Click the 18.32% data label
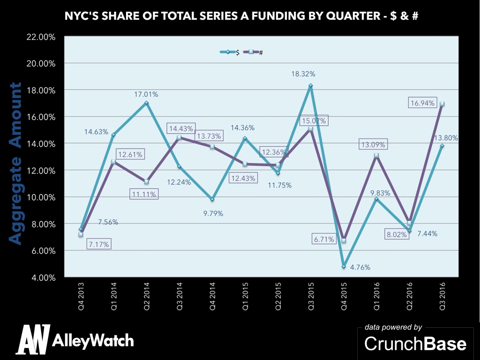tap(303, 74)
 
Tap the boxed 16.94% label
tap(422, 103)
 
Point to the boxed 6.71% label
tap(324, 239)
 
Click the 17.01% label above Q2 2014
tap(146, 94)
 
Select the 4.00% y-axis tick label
tap(44, 277)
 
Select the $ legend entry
tap(230, 52)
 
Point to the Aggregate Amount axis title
tap(16, 164)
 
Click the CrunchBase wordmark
tap(415, 344)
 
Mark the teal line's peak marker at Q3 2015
tap(310, 86)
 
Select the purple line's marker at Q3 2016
tap(442, 104)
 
